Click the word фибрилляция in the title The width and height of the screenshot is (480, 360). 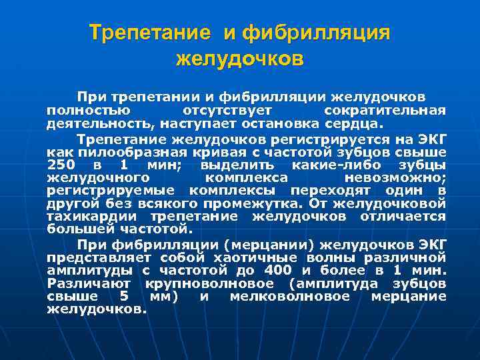[x=315, y=33]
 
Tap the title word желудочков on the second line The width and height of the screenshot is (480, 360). [x=239, y=59]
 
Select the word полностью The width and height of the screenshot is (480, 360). [x=91, y=110]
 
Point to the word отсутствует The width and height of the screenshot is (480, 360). [x=230, y=110]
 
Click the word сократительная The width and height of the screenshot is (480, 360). [x=384, y=110]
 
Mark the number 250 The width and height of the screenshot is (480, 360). [x=63, y=165]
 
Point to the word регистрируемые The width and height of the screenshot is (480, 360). [x=103, y=191]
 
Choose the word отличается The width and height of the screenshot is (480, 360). [x=403, y=216]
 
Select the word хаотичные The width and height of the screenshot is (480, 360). [x=248, y=257]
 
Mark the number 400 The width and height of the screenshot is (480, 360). [x=277, y=270]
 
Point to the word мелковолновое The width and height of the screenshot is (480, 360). [x=289, y=295]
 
